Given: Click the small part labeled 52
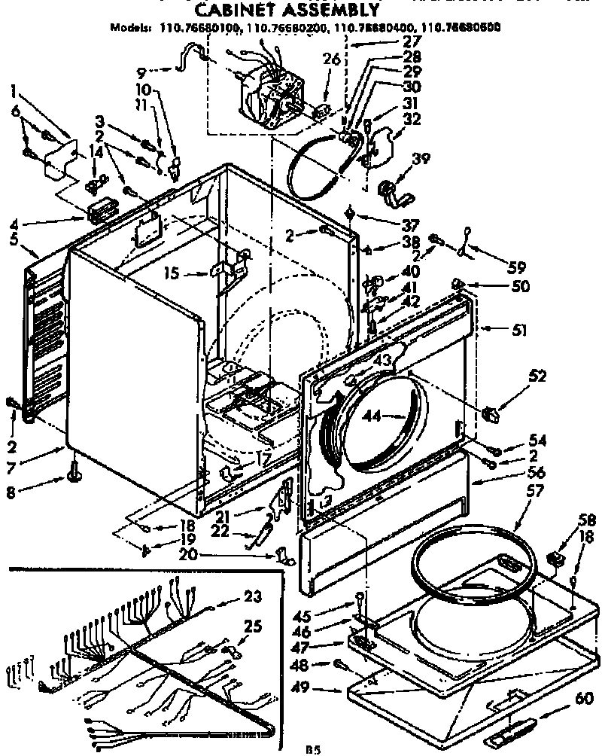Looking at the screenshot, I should point(491,413).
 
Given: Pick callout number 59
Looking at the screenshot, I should point(516,267).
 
